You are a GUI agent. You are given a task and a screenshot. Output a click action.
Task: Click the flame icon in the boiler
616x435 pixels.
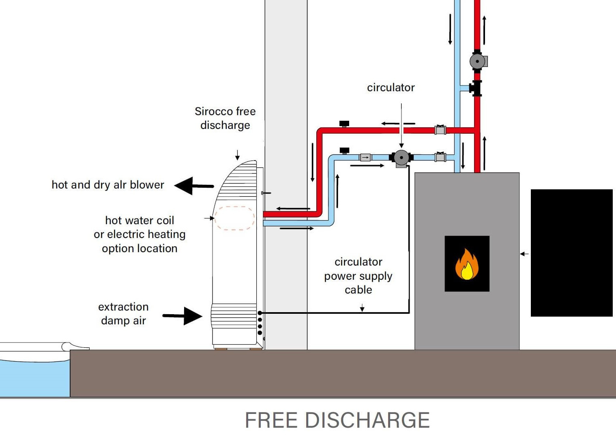(467, 264)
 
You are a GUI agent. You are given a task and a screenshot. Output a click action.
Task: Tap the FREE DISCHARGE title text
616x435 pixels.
(337, 420)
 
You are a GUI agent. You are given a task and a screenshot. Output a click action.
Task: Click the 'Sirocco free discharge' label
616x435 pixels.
(225, 118)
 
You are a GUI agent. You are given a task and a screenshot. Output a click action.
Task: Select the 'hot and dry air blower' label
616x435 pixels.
(108, 185)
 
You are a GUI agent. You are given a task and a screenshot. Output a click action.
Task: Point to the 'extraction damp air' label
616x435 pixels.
(123, 313)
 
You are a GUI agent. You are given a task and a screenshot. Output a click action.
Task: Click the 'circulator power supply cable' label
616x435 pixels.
(358, 276)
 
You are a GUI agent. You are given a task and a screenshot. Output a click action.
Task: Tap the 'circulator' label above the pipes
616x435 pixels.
(391, 88)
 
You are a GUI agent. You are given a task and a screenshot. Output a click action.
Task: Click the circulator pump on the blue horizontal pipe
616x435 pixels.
(401, 158)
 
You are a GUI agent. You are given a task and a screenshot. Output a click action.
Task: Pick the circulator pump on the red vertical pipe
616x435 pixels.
(477, 61)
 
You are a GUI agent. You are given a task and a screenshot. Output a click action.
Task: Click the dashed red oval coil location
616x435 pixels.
(234, 218)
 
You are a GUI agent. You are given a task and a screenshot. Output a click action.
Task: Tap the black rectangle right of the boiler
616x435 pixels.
(571, 253)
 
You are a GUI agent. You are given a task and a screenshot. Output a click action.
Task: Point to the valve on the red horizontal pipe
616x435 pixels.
(440, 130)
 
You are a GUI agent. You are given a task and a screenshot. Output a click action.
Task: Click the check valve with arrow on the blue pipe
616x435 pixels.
(365, 157)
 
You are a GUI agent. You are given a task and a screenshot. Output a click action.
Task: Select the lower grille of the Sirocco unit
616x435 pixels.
(234, 316)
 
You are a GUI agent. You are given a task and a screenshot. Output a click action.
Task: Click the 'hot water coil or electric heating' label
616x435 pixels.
(140, 234)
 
